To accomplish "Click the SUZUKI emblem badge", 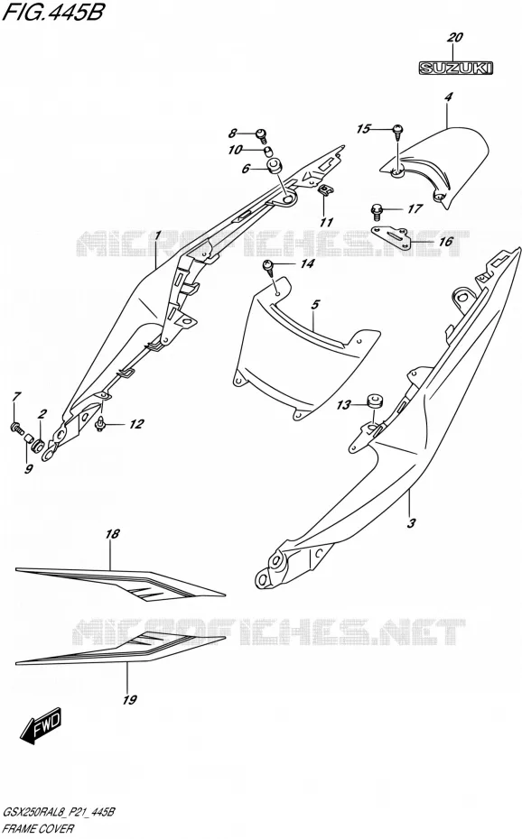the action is click(x=455, y=68).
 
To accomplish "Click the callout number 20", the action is click(x=454, y=38).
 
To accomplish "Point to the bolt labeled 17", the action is click(x=377, y=211).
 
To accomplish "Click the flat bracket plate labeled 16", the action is click(x=391, y=235).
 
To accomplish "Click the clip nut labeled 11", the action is click(x=325, y=190).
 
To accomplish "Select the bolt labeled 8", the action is click(x=262, y=134).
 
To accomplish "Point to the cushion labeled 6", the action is click(x=275, y=165).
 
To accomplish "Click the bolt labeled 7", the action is click(x=16, y=428).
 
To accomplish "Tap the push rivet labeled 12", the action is click(x=100, y=423).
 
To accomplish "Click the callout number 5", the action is click(x=315, y=304).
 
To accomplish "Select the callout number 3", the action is click(x=411, y=522).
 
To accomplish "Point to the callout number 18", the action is click(x=112, y=533).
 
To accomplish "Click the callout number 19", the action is click(x=129, y=699).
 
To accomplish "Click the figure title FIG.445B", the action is click(x=52, y=12).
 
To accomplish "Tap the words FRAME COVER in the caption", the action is click(x=39, y=829).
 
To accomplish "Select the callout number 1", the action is click(x=158, y=235).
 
